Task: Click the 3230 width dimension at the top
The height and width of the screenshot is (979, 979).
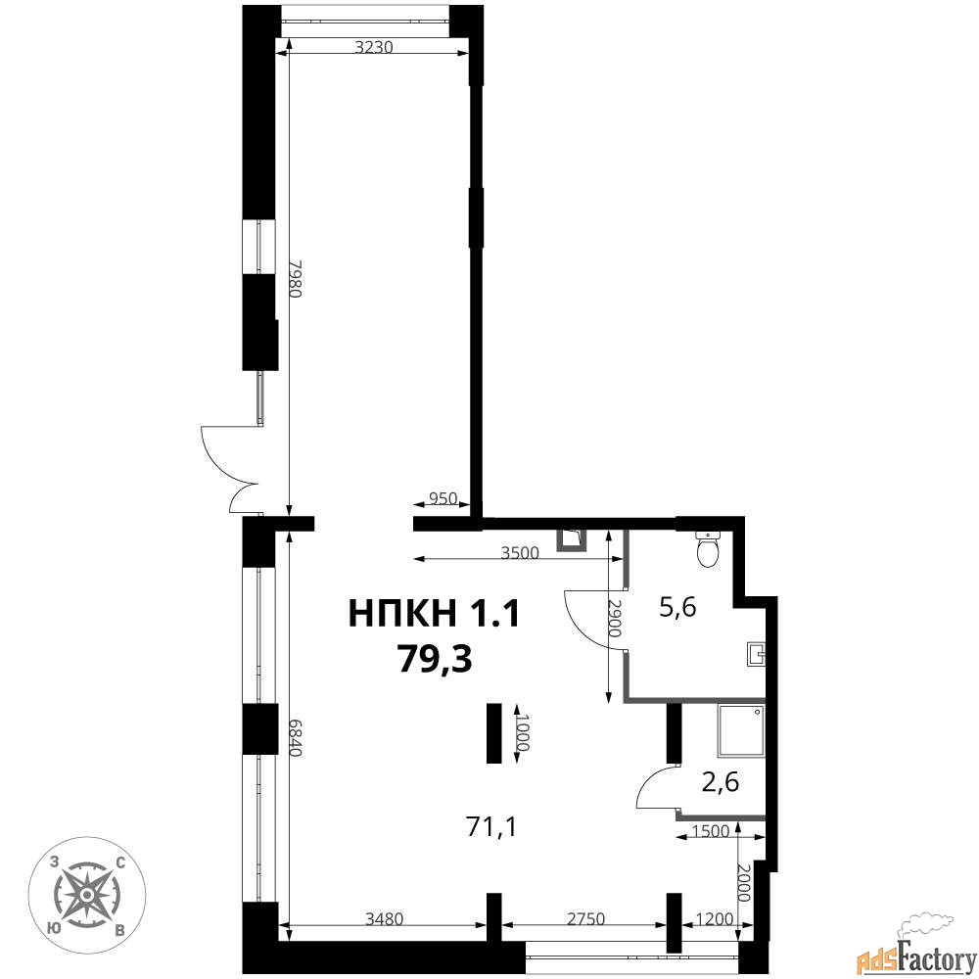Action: click(373, 47)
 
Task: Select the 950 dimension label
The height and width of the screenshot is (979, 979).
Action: click(443, 499)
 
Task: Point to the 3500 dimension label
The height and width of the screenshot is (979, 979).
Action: click(520, 552)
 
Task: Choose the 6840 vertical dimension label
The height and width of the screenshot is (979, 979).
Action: click(296, 737)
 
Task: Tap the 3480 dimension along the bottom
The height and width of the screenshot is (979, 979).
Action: click(385, 918)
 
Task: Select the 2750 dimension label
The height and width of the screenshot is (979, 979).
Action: click(585, 918)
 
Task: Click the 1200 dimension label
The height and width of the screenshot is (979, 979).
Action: click(715, 918)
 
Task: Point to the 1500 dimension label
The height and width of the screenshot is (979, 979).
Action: click(711, 831)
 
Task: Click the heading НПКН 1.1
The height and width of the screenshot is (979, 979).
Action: click(434, 613)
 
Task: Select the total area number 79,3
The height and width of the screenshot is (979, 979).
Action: click(436, 658)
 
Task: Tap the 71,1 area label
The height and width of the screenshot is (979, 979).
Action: click(490, 827)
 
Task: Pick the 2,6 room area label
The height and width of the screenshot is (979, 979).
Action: click(721, 781)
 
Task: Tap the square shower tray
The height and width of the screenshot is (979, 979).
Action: click(741, 730)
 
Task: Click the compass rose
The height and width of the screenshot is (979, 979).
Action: click(87, 895)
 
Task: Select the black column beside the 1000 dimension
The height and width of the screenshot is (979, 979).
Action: click(494, 732)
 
